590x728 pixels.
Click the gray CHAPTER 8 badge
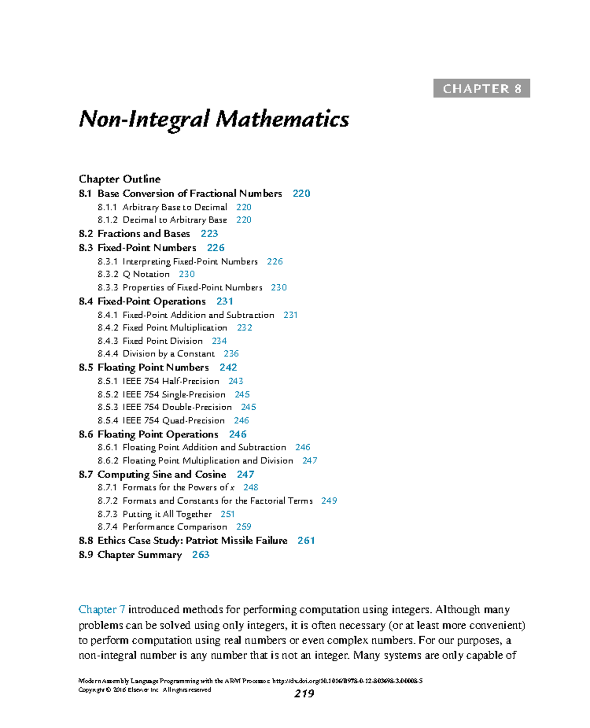tap(481, 89)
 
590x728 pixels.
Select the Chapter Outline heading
tap(119, 179)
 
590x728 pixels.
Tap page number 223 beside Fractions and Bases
tap(209, 234)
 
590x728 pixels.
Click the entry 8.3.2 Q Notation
tap(146, 274)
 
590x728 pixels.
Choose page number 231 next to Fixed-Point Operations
tap(225, 301)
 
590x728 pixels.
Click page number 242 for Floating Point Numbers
tap(228, 367)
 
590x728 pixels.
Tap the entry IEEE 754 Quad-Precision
tap(173, 421)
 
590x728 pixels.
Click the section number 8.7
tap(86, 475)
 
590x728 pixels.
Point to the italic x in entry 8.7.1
tap(232, 487)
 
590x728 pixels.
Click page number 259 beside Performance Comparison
tap(243, 527)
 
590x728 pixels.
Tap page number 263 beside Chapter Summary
tap(201, 555)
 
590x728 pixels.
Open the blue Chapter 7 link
tap(102, 609)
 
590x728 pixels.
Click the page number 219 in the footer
tap(304, 694)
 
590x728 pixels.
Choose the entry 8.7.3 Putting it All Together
tap(167, 514)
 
